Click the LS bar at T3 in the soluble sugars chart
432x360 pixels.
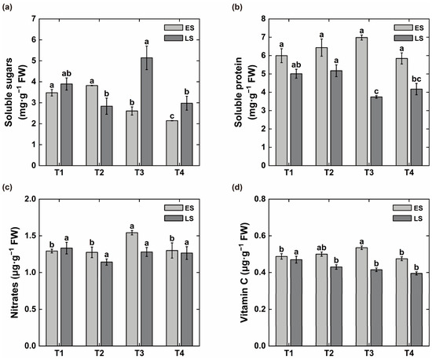[x=147, y=112]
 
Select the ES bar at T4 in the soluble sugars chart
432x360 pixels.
[x=172, y=143]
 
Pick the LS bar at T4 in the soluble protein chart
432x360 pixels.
[x=416, y=127]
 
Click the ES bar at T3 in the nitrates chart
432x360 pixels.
[x=132, y=289]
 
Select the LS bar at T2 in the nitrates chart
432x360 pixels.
[x=106, y=304]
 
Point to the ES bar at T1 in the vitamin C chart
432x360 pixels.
[x=281, y=301]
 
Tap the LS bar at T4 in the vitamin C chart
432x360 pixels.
[x=416, y=310]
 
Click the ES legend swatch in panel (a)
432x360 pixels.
[x=174, y=28]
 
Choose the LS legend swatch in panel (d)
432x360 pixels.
[x=401, y=219]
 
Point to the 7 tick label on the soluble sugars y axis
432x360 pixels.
[x=34, y=19]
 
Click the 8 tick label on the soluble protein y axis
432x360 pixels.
[x=263, y=19]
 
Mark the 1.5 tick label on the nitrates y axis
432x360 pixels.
[x=31, y=236]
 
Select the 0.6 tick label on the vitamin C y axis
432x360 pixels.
[x=261, y=236]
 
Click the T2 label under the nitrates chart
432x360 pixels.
[x=99, y=353]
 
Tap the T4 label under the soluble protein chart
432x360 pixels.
[x=409, y=173]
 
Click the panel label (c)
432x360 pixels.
[x=7, y=188]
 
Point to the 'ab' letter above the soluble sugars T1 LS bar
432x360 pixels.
[x=67, y=74]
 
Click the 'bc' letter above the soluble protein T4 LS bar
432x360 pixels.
[x=416, y=79]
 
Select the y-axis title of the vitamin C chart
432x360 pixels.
[x=244, y=273]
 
